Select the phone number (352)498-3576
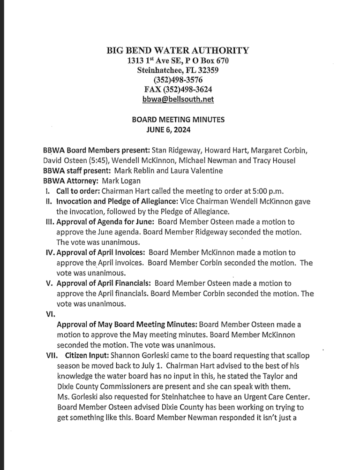pyautogui.click(x=179, y=80)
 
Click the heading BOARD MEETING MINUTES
pyautogui.click(x=179, y=120)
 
